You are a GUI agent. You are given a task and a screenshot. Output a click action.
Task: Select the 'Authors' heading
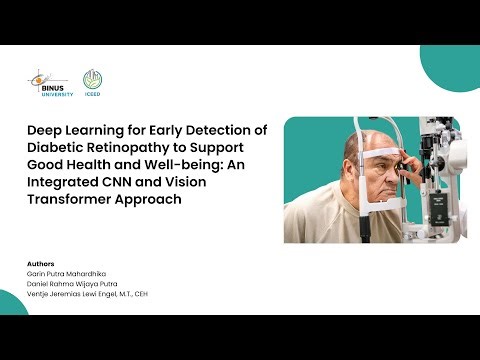tap(41, 264)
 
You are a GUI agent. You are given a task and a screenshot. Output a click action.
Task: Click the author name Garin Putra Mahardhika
tap(68, 273)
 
